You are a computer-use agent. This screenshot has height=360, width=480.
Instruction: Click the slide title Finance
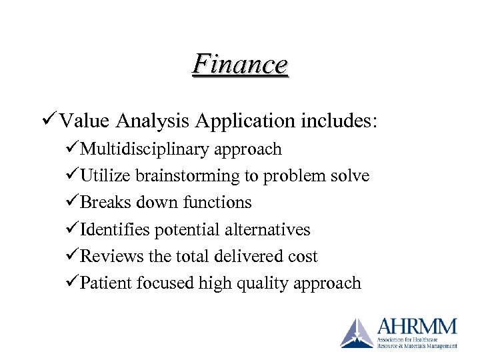point(240,65)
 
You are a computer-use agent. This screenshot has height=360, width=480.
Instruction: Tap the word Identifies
point(115,230)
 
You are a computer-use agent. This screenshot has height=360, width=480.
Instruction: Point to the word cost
point(301,257)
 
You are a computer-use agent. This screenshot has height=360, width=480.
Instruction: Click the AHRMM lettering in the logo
point(417,327)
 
